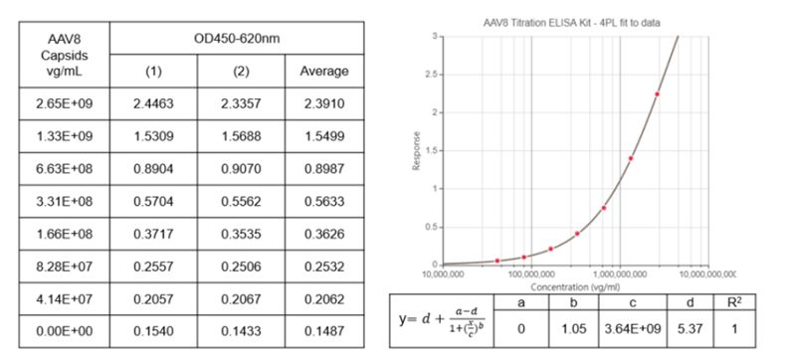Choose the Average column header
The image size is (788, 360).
click(324, 72)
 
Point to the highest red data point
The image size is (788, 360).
click(657, 94)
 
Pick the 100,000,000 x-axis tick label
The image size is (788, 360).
click(528, 273)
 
